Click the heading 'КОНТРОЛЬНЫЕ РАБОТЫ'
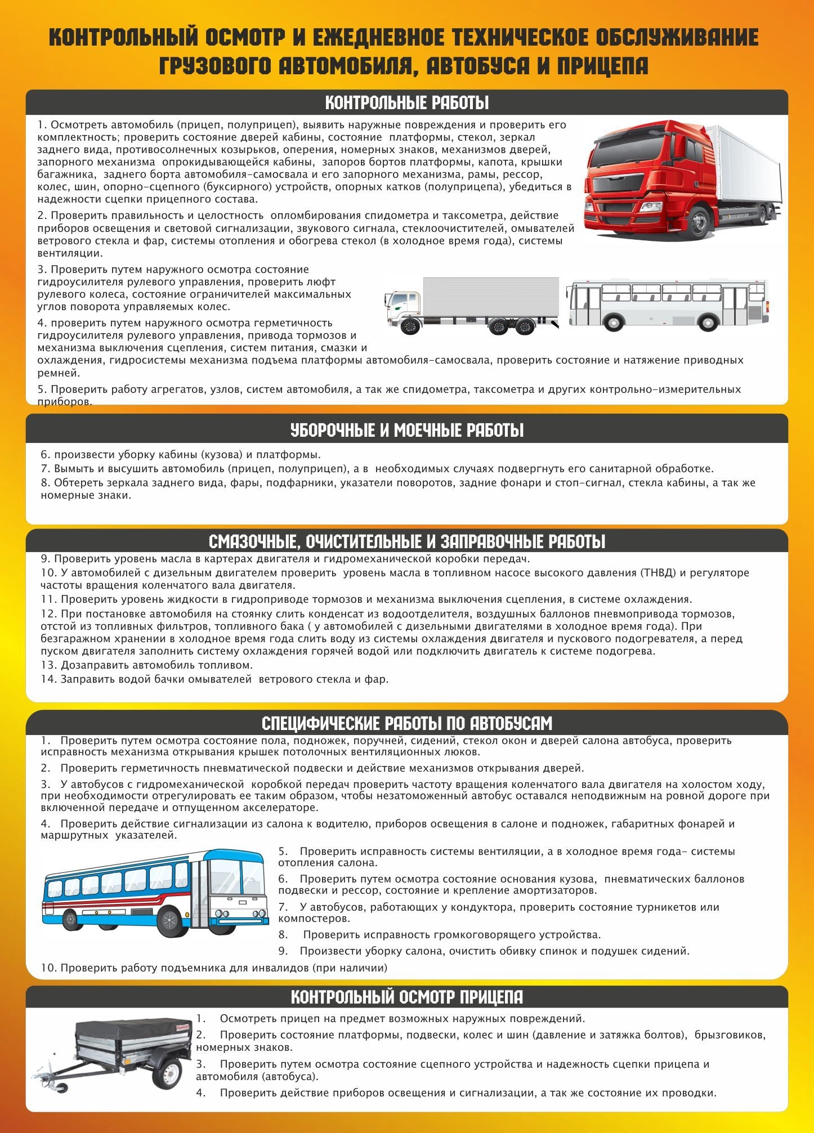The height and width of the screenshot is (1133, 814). (407, 104)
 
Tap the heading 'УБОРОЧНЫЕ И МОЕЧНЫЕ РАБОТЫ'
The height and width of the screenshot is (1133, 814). (407, 431)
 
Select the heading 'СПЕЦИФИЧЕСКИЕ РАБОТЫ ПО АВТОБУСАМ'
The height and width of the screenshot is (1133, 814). (407, 723)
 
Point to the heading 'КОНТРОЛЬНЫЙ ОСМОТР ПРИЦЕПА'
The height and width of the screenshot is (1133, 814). (407, 997)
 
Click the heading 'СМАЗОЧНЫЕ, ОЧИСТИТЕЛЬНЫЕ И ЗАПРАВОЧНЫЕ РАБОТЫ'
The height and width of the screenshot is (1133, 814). (407, 542)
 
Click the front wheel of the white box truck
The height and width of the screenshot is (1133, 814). (411, 327)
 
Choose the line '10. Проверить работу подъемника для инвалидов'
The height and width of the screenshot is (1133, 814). (214, 968)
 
